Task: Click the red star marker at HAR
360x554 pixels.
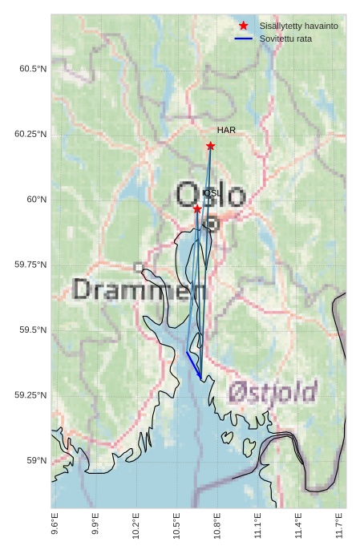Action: (x=210, y=146)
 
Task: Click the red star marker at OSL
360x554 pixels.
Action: (x=197, y=208)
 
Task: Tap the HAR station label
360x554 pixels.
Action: (x=226, y=130)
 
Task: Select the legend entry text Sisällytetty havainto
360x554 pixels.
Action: (x=298, y=26)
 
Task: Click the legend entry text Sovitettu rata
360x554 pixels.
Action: (x=285, y=38)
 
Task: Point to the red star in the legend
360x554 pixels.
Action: (x=244, y=26)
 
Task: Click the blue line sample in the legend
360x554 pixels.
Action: (x=244, y=38)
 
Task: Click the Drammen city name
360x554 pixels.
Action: (x=140, y=289)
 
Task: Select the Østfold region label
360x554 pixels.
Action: (x=273, y=392)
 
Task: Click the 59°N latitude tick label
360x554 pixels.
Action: (x=35, y=460)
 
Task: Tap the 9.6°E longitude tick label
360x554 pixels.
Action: (x=55, y=529)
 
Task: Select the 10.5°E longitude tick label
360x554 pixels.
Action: (x=176, y=529)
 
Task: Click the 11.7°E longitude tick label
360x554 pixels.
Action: (x=340, y=529)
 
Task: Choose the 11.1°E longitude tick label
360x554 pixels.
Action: (x=257, y=529)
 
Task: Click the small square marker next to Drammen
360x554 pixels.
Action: (x=139, y=267)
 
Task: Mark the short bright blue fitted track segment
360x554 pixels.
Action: (x=193, y=364)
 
